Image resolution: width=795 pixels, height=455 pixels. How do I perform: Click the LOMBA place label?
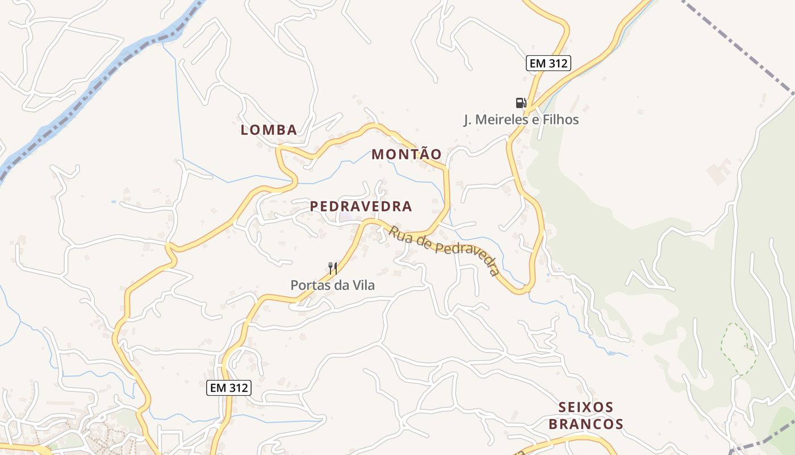pos(269,130)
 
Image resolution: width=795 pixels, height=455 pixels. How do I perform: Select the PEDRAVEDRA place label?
pos(361,206)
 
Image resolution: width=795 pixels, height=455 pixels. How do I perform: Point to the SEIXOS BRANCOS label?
pos(591,416)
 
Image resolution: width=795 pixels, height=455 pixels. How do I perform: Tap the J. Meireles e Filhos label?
pos(521,120)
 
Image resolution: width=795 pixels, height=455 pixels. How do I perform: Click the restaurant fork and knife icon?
pos(333,268)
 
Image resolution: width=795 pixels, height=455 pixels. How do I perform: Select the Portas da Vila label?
pos(333,285)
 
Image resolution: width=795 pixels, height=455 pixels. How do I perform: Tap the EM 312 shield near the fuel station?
pos(548,63)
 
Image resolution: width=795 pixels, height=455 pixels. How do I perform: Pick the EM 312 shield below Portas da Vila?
pos(228,388)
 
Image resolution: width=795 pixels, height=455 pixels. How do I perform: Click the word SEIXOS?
pos(586,407)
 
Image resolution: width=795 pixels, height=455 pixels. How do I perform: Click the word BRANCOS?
pos(591,424)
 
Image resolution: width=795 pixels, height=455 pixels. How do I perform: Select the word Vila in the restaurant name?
pos(363,285)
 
